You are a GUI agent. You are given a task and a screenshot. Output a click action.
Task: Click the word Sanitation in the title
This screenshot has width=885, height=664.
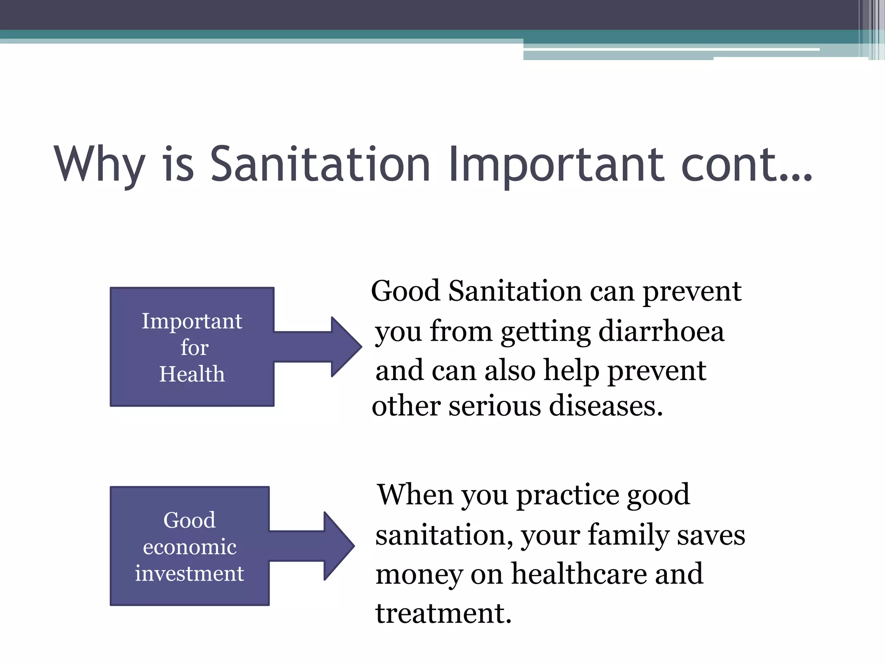tap(320, 164)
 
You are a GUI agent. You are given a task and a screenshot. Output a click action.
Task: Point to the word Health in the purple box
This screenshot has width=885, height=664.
tap(192, 374)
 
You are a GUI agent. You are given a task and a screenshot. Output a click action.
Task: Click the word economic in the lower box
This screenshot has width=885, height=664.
tap(190, 547)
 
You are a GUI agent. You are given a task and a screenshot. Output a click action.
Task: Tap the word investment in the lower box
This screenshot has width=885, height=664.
tap(189, 574)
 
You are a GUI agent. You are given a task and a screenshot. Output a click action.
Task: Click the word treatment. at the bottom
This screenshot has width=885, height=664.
tap(443, 613)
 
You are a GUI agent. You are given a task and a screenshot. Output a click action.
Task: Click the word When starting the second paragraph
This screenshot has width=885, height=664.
tap(415, 495)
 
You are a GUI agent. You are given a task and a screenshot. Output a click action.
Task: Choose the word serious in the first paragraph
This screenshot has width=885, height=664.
tap(494, 406)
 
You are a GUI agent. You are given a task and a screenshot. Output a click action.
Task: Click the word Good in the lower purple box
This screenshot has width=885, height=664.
tap(189, 520)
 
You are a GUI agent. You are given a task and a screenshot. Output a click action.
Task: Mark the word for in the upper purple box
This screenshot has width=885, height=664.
tap(194, 348)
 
